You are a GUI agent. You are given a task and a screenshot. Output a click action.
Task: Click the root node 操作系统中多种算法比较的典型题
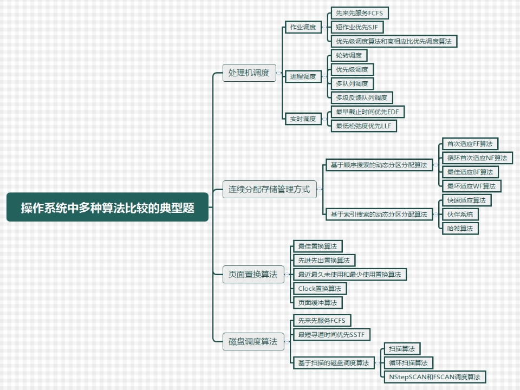click(x=107, y=207)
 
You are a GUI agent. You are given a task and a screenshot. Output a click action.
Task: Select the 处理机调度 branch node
click(x=249, y=72)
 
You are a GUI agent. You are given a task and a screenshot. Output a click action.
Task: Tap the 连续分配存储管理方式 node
click(x=269, y=189)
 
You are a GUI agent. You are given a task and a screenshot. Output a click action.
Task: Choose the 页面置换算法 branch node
click(x=253, y=275)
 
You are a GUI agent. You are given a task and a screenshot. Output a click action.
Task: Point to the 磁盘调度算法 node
click(x=253, y=341)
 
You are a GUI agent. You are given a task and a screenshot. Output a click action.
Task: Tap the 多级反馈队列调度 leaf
click(x=362, y=97)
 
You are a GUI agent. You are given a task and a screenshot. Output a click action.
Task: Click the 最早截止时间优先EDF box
click(x=368, y=112)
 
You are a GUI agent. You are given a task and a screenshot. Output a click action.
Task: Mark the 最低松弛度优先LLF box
click(x=364, y=126)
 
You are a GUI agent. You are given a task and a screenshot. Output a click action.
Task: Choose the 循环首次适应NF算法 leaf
click(x=477, y=158)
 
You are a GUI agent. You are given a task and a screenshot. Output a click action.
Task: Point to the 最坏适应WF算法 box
click(x=471, y=186)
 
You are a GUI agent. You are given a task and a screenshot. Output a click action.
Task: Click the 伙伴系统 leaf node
click(x=460, y=214)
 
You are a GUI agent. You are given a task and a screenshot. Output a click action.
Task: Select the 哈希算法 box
click(x=460, y=228)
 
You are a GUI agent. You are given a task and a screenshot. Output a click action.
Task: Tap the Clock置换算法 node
click(x=320, y=288)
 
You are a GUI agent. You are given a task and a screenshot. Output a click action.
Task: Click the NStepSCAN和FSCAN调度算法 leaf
click(x=434, y=376)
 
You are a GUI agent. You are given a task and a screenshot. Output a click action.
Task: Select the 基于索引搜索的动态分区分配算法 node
click(x=379, y=214)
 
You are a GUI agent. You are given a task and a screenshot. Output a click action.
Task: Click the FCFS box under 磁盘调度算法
click(x=321, y=320)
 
